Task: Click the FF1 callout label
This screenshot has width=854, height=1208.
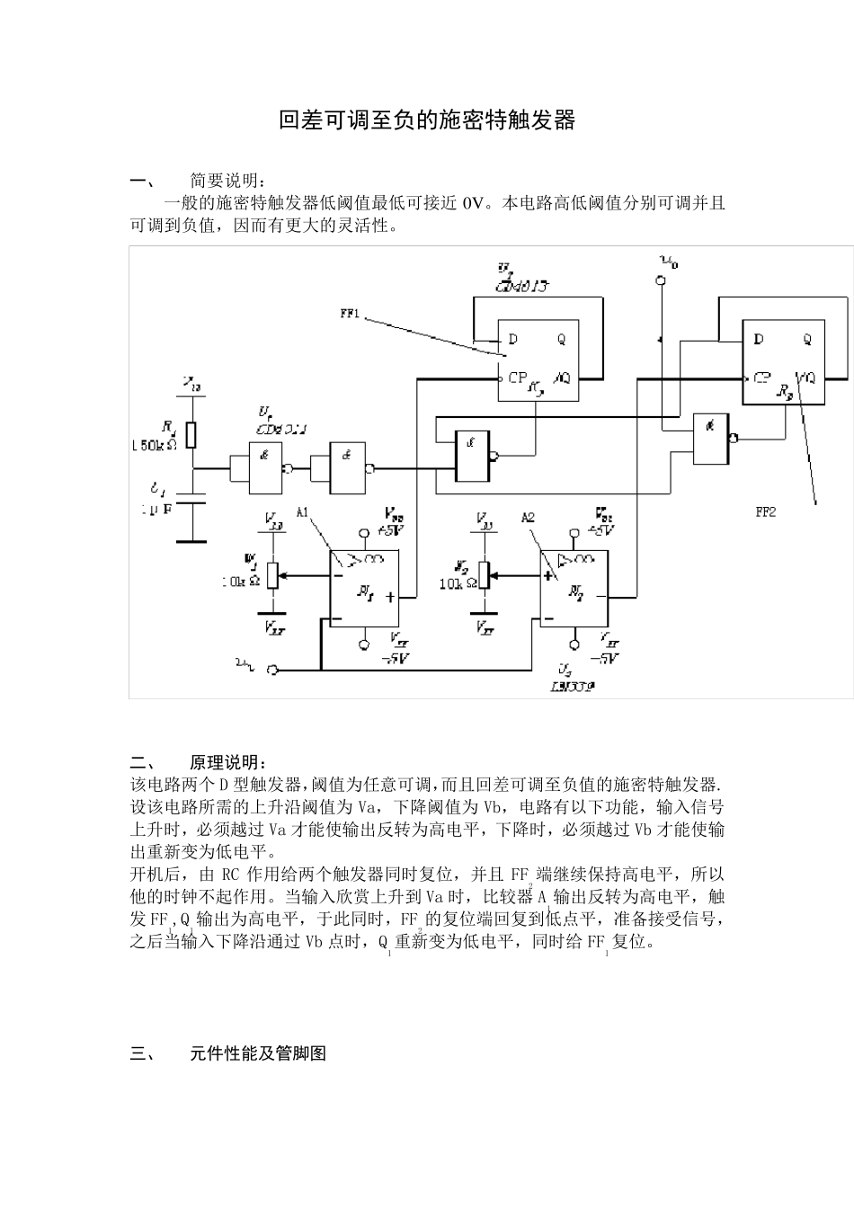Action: pyautogui.click(x=350, y=315)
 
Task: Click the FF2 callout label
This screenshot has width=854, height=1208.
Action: pyautogui.click(x=765, y=512)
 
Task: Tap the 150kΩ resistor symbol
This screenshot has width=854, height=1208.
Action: pyautogui.click(x=191, y=435)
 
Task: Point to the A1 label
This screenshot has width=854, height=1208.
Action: pyautogui.click(x=303, y=512)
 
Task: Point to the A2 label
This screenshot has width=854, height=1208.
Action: pyautogui.click(x=528, y=518)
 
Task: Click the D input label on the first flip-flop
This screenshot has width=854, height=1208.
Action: pyautogui.click(x=512, y=340)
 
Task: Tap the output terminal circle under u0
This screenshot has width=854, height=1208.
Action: pyautogui.click(x=662, y=281)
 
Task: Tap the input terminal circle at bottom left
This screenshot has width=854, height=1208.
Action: pyautogui.click(x=274, y=670)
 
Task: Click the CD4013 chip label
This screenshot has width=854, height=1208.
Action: pyautogui.click(x=522, y=285)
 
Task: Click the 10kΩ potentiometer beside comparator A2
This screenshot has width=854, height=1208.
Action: pyautogui.click(x=485, y=575)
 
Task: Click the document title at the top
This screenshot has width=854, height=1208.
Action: pyautogui.click(x=426, y=120)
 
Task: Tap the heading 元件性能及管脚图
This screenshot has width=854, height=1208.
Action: pyautogui.click(x=258, y=1053)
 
